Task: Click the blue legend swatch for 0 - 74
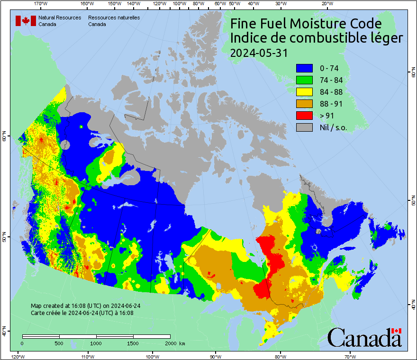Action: tap(304, 68)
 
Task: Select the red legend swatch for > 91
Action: tap(304, 115)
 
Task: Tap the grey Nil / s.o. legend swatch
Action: tap(304, 127)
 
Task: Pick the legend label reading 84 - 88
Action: tap(332, 92)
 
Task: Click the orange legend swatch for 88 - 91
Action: tap(304, 103)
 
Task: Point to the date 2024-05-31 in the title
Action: tap(259, 53)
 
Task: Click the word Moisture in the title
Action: tap(322, 24)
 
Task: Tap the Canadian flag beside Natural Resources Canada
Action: tap(26, 20)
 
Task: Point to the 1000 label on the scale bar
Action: tap(96, 343)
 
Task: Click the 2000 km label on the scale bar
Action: tap(174, 343)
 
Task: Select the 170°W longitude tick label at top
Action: tap(41, 4)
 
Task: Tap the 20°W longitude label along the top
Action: tap(326, 4)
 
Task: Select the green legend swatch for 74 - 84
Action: tap(304, 80)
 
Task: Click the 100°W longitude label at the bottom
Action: tap(152, 356)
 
